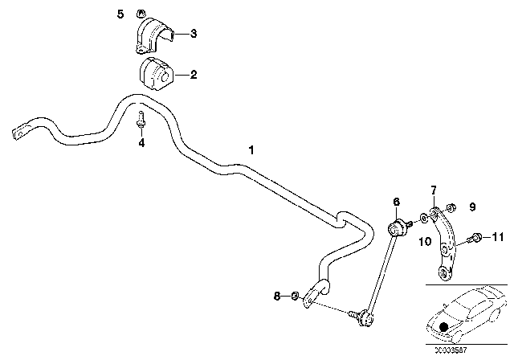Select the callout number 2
(193, 76)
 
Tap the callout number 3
(193, 34)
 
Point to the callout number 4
(141, 144)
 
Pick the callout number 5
(120, 14)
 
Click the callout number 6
(396, 201)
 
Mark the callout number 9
(472, 207)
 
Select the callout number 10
(423, 241)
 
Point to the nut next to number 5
(138, 13)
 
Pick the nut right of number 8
(296, 297)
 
